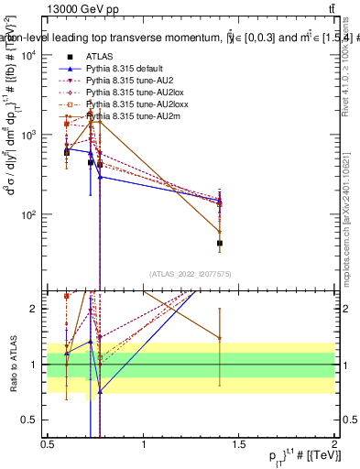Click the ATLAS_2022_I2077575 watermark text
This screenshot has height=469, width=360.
click(x=191, y=274)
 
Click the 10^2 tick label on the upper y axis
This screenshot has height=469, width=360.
click(x=29, y=214)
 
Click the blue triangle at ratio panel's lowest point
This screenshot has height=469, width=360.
click(x=100, y=391)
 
